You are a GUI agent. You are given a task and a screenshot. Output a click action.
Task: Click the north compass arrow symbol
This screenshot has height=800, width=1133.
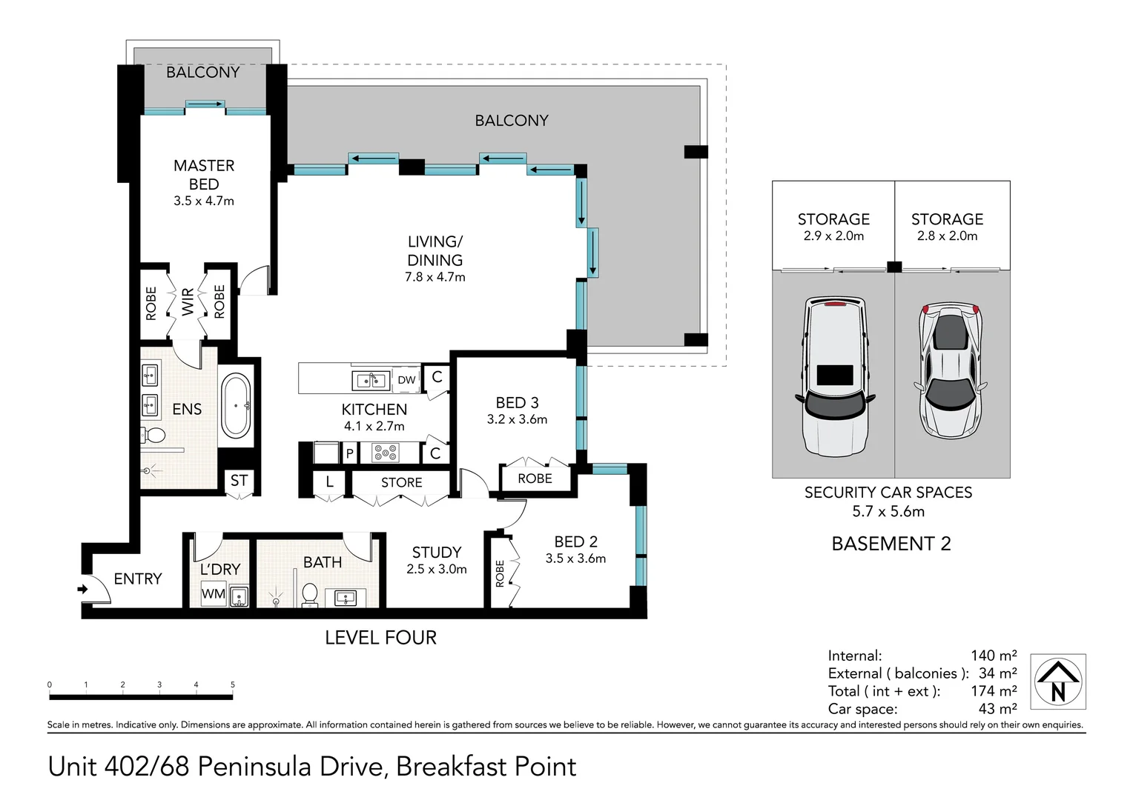click(1058, 681)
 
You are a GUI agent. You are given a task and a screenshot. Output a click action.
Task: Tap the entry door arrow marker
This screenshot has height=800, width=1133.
click(82, 589)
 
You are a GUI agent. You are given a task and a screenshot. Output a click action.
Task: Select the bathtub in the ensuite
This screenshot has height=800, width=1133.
click(237, 406)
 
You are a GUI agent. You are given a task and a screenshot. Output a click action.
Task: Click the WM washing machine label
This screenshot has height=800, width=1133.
click(214, 593)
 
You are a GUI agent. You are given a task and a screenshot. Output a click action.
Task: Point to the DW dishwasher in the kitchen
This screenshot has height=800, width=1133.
click(406, 379)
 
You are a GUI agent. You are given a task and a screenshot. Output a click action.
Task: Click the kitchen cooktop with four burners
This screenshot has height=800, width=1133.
click(386, 453)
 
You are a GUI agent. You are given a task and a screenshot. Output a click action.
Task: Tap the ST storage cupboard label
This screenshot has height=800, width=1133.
click(240, 480)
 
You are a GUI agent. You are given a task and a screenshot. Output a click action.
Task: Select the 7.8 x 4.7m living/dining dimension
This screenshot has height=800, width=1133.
click(435, 277)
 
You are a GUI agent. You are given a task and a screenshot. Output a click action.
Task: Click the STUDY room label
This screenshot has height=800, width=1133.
click(437, 552)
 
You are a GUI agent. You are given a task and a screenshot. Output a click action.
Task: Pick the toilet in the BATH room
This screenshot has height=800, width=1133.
click(309, 595)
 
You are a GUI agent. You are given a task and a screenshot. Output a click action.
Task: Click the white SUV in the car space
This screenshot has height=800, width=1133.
click(835, 376)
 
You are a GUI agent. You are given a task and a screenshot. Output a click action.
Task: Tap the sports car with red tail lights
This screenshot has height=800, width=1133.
click(951, 370)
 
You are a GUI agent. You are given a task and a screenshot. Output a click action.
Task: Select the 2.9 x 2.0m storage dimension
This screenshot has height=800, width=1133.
click(833, 236)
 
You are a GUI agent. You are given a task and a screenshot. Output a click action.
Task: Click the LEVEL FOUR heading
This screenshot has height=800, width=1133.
click(381, 638)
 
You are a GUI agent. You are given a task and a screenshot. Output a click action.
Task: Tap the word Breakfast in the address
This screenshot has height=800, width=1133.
click(451, 767)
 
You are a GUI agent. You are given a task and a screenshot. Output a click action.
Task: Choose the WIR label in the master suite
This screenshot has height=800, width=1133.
click(188, 302)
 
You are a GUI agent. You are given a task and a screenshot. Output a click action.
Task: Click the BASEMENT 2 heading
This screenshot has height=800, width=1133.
click(891, 544)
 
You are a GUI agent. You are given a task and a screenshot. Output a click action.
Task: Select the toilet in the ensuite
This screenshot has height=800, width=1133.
click(153, 435)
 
